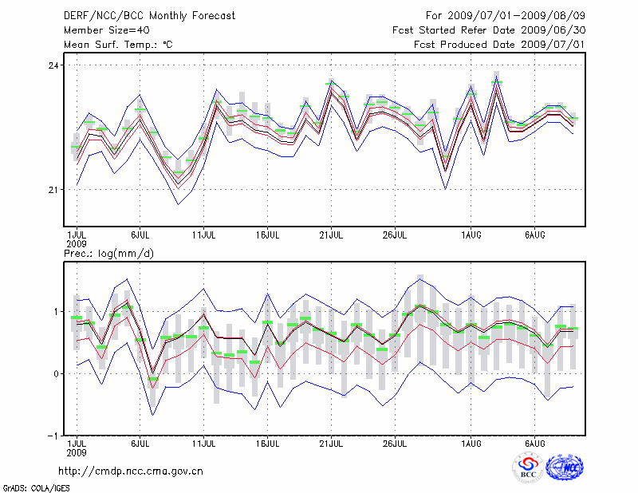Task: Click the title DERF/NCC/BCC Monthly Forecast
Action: pyautogui.click(x=149, y=15)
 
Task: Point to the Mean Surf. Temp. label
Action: pyautogui.click(x=118, y=44)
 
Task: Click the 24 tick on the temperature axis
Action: pyautogui.click(x=53, y=65)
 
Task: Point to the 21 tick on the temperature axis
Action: pyautogui.click(x=53, y=190)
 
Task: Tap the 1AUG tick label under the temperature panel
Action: pyautogui.click(x=471, y=235)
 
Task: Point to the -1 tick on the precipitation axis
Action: pyautogui.click(x=53, y=436)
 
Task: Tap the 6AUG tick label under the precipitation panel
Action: pyautogui.click(x=534, y=443)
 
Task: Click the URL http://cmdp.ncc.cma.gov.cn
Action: pyautogui.click(x=131, y=471)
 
